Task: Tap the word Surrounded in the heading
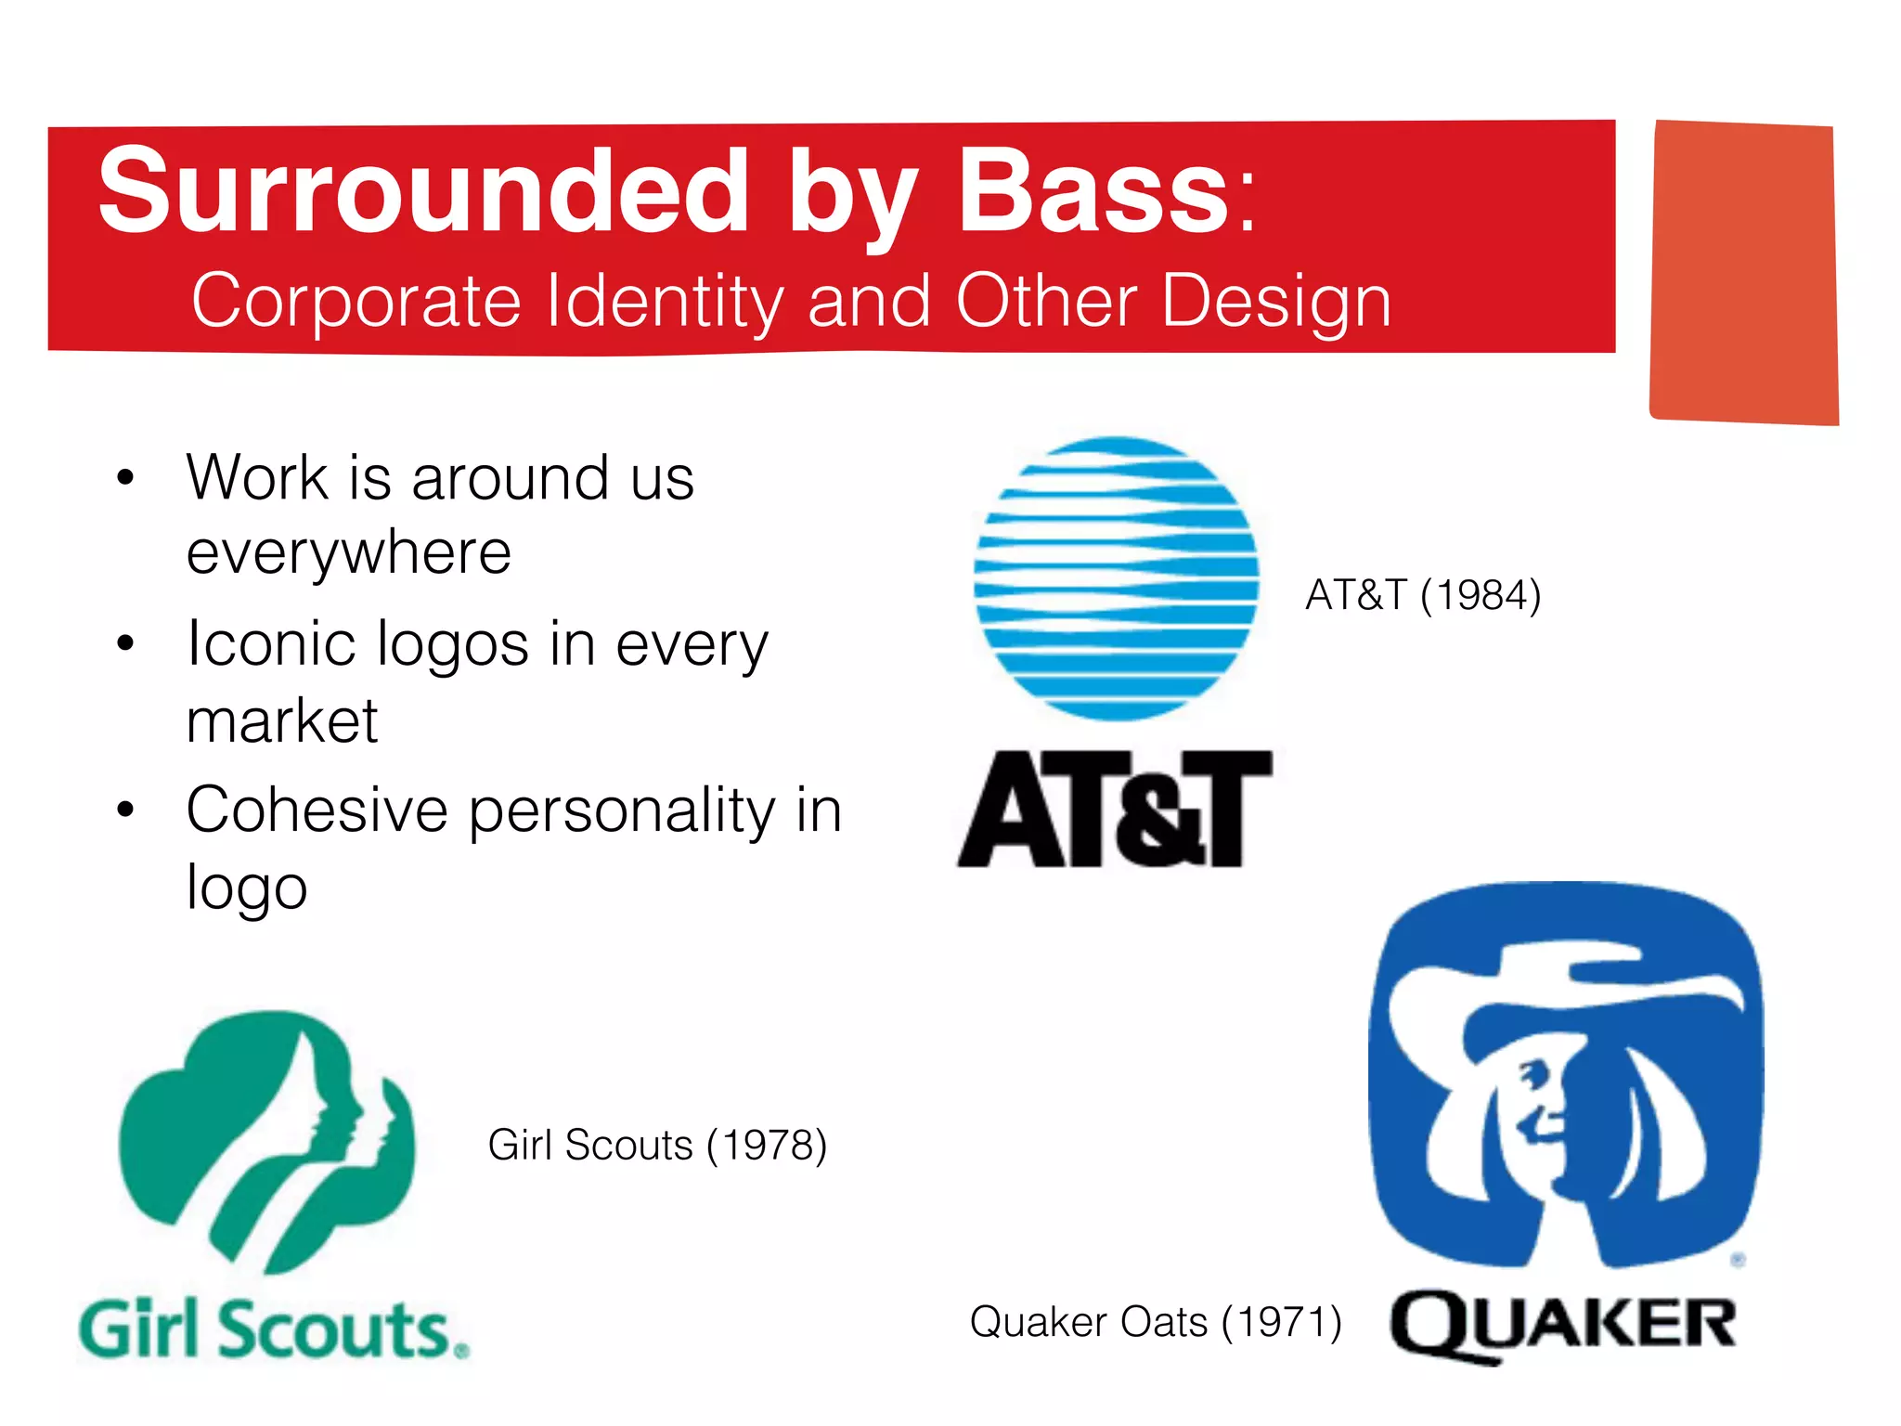[x=422, y=191]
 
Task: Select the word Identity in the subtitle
[x=665, y=302]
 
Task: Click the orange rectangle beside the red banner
[x=1744, y=272]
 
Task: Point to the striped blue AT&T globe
[x=1116, y=578]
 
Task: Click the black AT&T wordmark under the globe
[x=1115, y=810]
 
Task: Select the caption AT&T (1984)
[x=1422, y=595]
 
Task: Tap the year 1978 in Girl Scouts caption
[x=766, y=1146]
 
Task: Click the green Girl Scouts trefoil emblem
[x=267, y=1137]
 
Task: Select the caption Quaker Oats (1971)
[x=1155, y=1322]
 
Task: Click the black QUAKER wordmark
[x=1563, y=1325]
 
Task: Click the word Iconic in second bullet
[x=270, y=644]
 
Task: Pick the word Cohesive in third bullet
[x=317, y=810]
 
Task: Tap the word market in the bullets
[x=281, y=721]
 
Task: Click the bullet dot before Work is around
[x=126, y=479]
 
